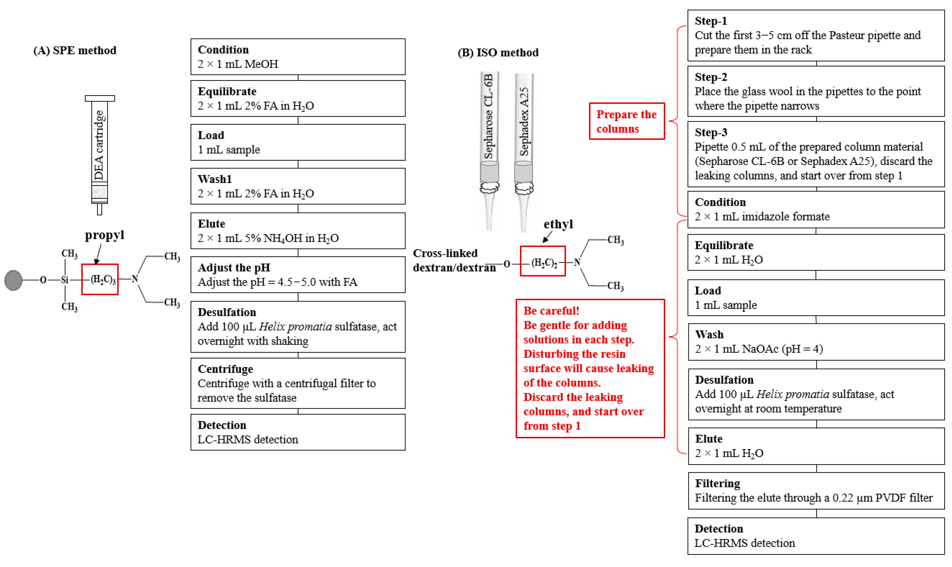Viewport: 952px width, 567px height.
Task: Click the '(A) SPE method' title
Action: pyautogui.click(x=75, y=51)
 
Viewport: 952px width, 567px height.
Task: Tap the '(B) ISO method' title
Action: pyautogui.click(x=498, y=52)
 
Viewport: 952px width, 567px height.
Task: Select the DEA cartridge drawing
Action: pyautogui.click(x=99, y=153)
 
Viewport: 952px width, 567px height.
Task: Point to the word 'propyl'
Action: pyautogui.click(x=104, y=235)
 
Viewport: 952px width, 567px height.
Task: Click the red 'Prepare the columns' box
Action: pyautogui.click(x=627, y=121)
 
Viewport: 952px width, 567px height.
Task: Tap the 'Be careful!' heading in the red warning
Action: pyautogui.click(x=551, y=311)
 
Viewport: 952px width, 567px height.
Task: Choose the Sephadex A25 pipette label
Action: pyautogui.click(x=524, y=121)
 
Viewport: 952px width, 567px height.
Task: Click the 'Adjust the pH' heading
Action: pyautogui.click(x=234, y=267)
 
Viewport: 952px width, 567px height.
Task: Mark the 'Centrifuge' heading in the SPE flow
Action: pyautogui.click(x=226, y=369)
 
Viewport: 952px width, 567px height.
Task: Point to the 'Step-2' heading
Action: pyautogui.click(x=711, y=77)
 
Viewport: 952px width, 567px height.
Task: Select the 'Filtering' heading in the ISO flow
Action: pyautogui.click(x=718, y=483)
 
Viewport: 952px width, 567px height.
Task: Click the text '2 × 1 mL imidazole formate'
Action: pyautogui.click(x=762, y=217)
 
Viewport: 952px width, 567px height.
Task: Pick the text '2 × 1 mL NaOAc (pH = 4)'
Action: pyautogui.click(x=759, y=349)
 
